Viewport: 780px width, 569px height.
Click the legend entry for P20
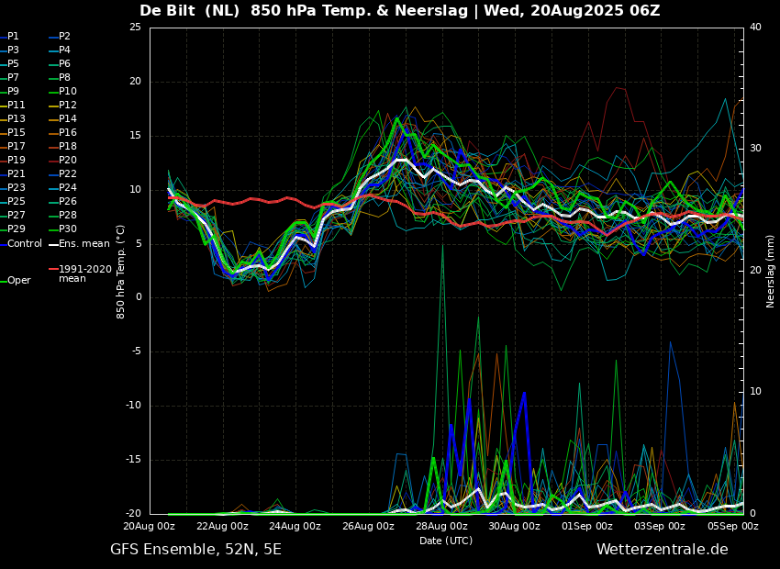pos(68,161)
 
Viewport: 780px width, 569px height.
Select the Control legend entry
pos(25,243)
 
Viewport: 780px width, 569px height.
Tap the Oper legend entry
pos(18,281)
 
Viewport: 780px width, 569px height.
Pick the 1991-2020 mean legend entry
pos(84,273)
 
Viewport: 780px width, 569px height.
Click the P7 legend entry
pos(13,78)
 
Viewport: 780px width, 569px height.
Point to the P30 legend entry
pos(68,229)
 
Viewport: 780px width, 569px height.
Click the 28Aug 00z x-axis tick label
pos(441,527)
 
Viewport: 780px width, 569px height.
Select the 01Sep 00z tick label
pos(587,527)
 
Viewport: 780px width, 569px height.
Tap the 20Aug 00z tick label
pos(150,527)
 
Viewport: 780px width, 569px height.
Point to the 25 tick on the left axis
pos(136,28)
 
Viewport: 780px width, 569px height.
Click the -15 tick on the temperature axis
pos(133,460)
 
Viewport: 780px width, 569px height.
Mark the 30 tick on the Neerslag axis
pos(756,149)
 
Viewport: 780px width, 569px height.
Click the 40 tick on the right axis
pos(756,28)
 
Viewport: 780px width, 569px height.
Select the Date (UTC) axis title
pos(446,541)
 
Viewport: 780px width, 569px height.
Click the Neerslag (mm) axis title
pos(771,271)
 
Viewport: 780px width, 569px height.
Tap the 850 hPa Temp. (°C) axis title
pos(121,271)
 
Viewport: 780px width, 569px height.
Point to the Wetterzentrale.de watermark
pos(662,550)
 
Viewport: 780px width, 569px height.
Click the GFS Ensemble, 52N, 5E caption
pos(195,550)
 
